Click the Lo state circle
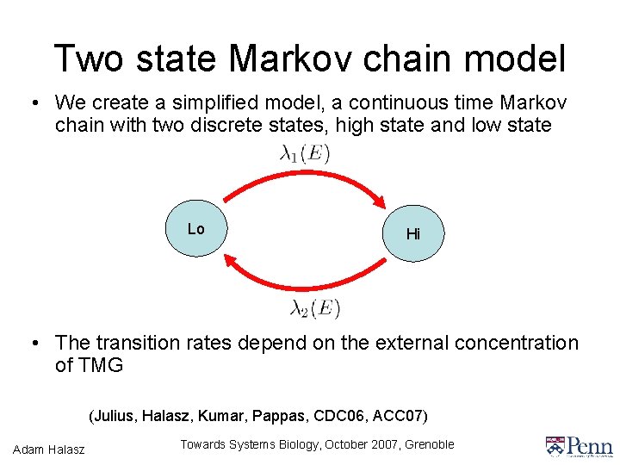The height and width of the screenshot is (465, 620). [x=195, y=228]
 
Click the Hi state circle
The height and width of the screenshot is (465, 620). [x=412, y=232]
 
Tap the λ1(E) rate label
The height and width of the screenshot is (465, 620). [x=305, y=153]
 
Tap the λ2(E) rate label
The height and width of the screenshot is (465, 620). [x=314, y=307]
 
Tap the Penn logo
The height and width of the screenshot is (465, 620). [x=579, y=446]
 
